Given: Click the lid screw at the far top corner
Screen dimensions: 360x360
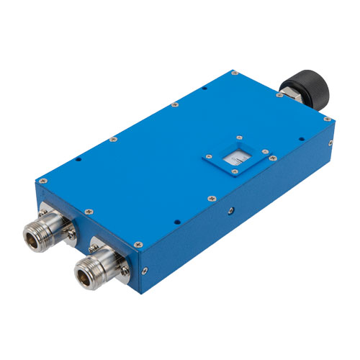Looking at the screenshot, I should [235, 73].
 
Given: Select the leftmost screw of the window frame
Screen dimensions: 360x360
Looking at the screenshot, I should [205, 154].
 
